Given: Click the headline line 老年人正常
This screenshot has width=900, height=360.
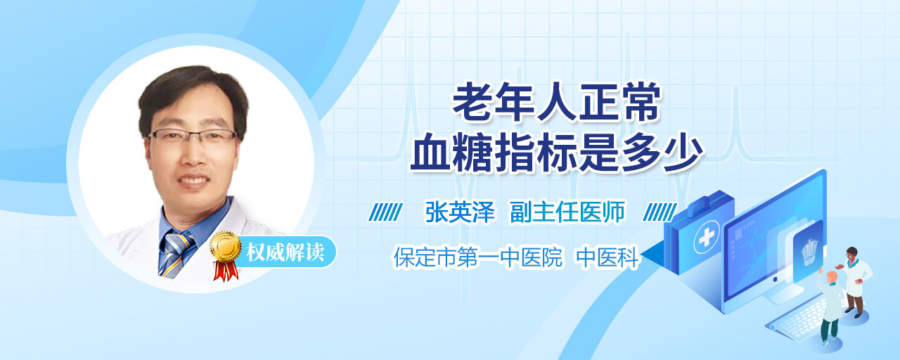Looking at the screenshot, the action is (556, 102).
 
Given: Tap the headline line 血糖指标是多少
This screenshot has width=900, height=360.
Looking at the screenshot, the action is (556, 153).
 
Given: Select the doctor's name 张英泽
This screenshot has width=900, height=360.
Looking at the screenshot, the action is (460, 212).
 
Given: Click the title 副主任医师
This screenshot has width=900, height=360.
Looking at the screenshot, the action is (567, 212).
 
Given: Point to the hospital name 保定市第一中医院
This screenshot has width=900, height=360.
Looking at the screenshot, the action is (477, 257).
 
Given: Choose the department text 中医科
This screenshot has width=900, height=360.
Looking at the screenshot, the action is (607, 257).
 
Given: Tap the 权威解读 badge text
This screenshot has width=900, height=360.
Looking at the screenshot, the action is (285, 252).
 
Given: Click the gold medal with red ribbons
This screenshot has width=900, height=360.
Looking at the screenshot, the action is (226, 255).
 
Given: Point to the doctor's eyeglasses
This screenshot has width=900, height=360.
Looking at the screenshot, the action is (192, 137).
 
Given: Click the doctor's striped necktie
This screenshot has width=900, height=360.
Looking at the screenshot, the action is (176, 254).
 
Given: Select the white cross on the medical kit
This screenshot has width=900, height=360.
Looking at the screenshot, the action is (707, 238).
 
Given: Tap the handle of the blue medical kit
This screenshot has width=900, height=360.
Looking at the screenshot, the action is (709, 202).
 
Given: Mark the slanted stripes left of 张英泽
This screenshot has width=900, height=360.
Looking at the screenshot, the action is (385, 212).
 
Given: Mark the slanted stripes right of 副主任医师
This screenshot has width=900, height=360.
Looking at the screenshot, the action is (660, 212).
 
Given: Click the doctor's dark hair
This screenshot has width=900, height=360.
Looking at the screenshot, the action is (193, 92).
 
